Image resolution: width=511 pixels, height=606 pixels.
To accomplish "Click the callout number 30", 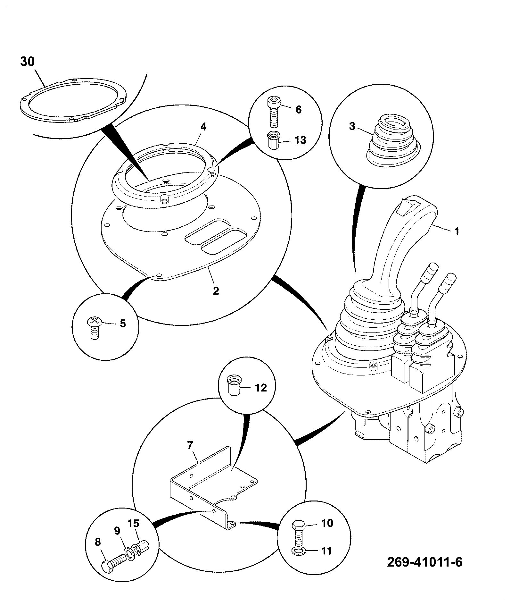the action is click(28, 61).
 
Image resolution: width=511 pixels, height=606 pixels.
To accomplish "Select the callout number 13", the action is click(300, 140).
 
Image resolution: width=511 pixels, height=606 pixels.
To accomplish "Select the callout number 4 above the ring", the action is click(203, 127).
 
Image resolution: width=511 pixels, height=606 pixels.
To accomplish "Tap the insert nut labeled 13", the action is click(273, 140).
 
